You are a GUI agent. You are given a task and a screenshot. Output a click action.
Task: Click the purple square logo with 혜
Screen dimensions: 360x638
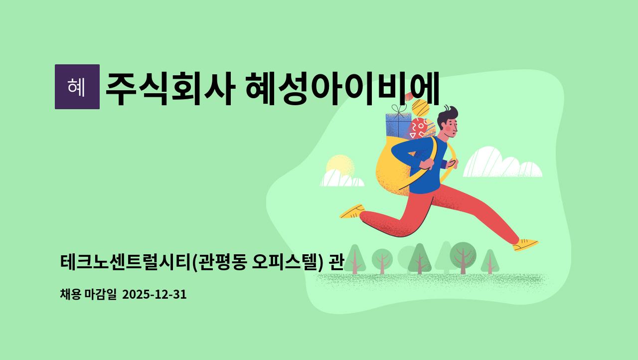click(x=77, y=87)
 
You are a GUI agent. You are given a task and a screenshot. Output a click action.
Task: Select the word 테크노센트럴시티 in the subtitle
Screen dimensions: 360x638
click(x=125, y=261)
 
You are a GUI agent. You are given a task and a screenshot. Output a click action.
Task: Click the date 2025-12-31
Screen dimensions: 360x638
click(x=154, y=294)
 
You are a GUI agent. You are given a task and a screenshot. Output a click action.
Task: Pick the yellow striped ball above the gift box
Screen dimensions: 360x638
click(x=421, y=108)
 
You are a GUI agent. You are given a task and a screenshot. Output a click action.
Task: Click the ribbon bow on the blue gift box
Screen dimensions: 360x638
click(x=399, y=109)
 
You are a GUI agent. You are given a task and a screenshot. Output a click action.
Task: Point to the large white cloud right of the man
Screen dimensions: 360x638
click(x=501, y=164)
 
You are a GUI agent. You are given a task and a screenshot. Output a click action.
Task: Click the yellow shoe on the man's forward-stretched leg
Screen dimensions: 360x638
click(x=525, y=244)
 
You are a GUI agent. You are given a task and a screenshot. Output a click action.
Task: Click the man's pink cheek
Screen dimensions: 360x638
click(x=448, y=129)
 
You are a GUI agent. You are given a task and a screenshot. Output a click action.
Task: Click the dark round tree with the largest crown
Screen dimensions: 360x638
click(x=463, y=254)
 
